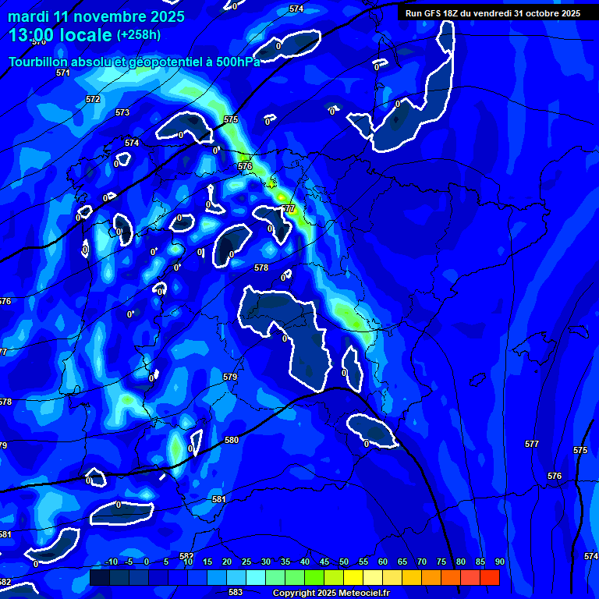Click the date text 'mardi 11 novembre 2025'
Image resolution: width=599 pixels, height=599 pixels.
pos(96,16)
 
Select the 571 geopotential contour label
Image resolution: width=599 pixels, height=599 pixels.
pos(63,73)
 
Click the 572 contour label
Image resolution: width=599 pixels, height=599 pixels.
pos(93,99)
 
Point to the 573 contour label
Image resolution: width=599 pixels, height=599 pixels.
pos(122,113)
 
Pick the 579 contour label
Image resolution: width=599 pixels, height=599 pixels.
pos(230,377)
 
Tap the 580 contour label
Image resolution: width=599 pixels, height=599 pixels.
pos(232,441)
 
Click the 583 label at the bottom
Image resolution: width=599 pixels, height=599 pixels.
pos(236,592)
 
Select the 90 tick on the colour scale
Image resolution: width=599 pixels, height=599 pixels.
pos(499,562)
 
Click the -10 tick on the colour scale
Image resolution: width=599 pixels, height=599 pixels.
pos(111,562)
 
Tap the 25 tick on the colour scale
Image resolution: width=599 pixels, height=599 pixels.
pos(246,562)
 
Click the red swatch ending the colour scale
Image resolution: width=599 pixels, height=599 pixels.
pos(489,577)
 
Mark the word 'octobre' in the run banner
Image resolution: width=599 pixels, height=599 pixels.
pos(539,13)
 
